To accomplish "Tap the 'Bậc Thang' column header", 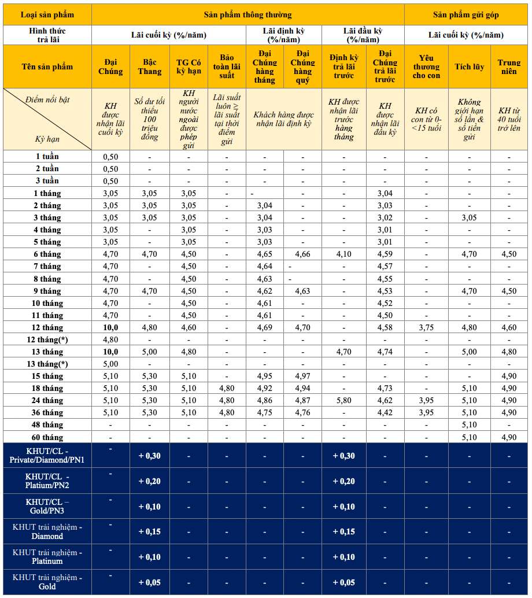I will (x=149, y=67).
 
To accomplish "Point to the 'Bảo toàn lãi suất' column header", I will (x=227, y=67).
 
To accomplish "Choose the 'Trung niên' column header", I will (x=509, y=67).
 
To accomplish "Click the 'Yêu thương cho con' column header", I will (x=426, y=67).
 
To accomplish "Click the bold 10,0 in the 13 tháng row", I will (x=110, y=352).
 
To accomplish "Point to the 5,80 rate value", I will (x=343, y=400).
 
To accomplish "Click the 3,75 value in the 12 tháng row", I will (x=426, y=327).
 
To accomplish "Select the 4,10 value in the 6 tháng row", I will (x=343, y=254).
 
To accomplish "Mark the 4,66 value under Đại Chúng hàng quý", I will (x=302, y=254).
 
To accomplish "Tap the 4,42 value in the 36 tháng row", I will (x=385, y=412).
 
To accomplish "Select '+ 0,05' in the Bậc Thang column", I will (x=149, y=582).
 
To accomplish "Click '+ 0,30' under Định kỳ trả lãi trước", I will (x=343, y=456).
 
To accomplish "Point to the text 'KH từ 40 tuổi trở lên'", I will (x=509, y=119).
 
